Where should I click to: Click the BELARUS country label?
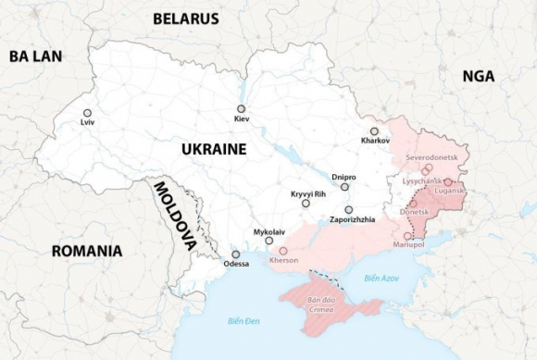pos(185,19)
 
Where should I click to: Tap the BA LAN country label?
pos(35,56)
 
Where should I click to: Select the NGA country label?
pos(479,77)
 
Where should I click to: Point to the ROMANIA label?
pos(87,251)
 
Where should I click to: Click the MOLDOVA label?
pos(175,216)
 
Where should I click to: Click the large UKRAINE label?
pos(213,149)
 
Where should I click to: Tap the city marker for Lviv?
pos(87,112)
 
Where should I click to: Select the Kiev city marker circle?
pos(240,109)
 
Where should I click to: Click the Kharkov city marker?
pos(374,131)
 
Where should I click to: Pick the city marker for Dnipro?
pos(345,186)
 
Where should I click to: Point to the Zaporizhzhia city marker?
pos(349,209)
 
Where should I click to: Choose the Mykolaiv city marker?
pos(269,241)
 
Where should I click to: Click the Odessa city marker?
pos(236,254)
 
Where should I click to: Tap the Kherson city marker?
pos(283,251)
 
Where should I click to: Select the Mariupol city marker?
pos(408,235)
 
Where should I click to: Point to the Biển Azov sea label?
pos(381,278)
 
